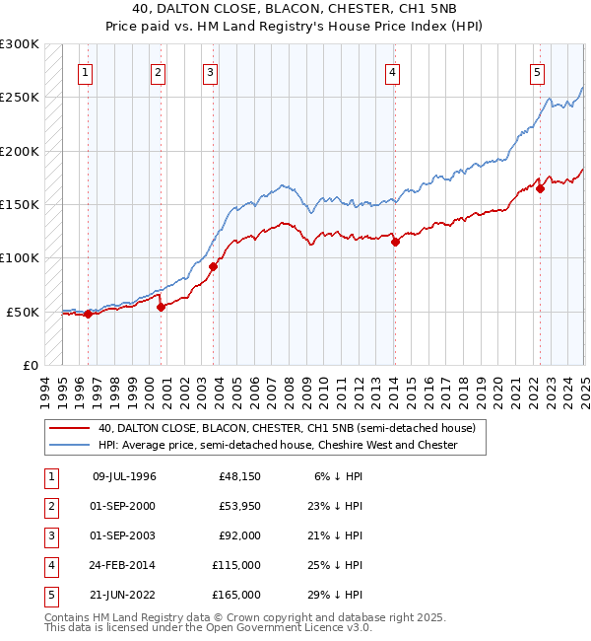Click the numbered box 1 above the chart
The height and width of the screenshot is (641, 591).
coord(85,71)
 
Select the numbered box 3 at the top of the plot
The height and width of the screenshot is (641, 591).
coord(211,71)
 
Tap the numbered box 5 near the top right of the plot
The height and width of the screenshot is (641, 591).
coord(537,71)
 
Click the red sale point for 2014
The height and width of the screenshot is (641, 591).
coord(395,242)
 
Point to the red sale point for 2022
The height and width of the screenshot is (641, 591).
coord(541,189)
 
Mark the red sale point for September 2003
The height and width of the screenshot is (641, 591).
coord(214,266)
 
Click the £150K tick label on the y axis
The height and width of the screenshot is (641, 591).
coord(20,204)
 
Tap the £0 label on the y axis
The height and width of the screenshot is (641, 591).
coord(30,365)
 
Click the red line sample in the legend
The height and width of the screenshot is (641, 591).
coord(70,428)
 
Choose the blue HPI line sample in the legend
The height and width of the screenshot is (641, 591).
coord(70,446)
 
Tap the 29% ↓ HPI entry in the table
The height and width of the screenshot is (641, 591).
coord(335,595)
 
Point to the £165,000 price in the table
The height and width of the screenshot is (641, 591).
coord(236,595)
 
